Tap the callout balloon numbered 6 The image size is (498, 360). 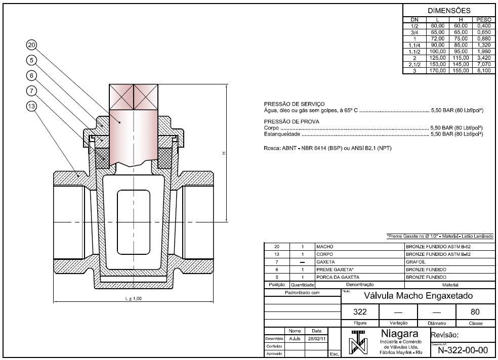click(32, 76)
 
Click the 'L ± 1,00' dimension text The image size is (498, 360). click(133, 299)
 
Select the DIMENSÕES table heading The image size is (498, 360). click(449, 11)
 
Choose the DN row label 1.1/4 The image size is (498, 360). click(414, 45)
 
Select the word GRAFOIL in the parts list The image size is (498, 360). click(415, 262)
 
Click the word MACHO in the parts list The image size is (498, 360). click(324, 247)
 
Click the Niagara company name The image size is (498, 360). click(399, 334)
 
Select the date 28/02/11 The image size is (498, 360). click(317, 338)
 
